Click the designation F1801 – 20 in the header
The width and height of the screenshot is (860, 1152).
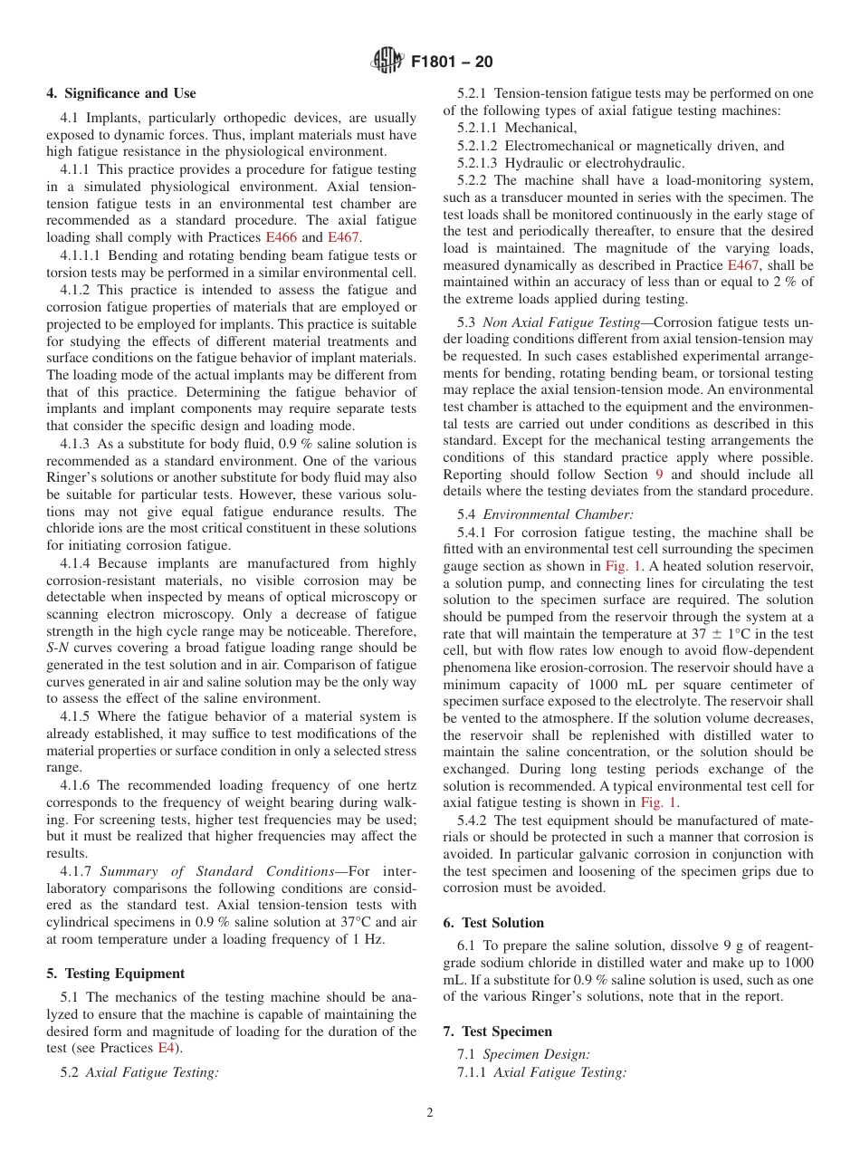452,62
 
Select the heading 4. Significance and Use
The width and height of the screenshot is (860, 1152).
121,93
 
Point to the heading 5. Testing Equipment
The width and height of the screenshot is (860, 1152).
115,974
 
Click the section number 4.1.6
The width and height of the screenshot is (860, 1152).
76,785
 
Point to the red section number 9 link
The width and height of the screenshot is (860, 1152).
659,475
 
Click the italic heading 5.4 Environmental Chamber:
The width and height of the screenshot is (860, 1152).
545,514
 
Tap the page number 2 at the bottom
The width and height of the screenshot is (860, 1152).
430,1113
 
